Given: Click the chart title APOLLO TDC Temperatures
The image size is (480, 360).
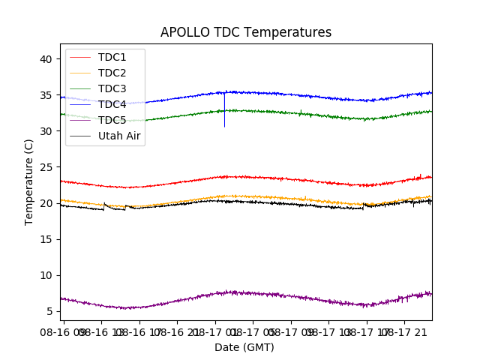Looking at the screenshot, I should click(245, 33).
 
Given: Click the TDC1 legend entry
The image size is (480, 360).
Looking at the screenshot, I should click(112, 57).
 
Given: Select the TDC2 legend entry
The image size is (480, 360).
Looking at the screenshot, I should click(112, 73).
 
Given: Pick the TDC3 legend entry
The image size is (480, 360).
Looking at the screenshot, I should click(112, 88).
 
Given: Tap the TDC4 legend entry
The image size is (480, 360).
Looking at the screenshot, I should click(112, 104).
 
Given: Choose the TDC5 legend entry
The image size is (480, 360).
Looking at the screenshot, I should click(112, 120).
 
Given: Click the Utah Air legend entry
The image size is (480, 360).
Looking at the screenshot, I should click(119, 136).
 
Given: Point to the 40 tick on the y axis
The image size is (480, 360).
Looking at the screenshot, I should click(46, 59).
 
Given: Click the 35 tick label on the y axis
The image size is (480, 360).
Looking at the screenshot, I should click(46, 95).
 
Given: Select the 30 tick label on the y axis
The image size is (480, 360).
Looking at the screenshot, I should click(46, 131).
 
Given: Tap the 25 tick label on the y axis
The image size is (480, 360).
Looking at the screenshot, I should click(46, 167).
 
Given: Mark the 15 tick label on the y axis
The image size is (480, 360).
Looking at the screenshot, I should click(46, 239).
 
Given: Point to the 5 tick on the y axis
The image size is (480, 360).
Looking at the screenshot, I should click(49, 311).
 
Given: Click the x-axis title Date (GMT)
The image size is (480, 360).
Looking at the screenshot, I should click(244, 347).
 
